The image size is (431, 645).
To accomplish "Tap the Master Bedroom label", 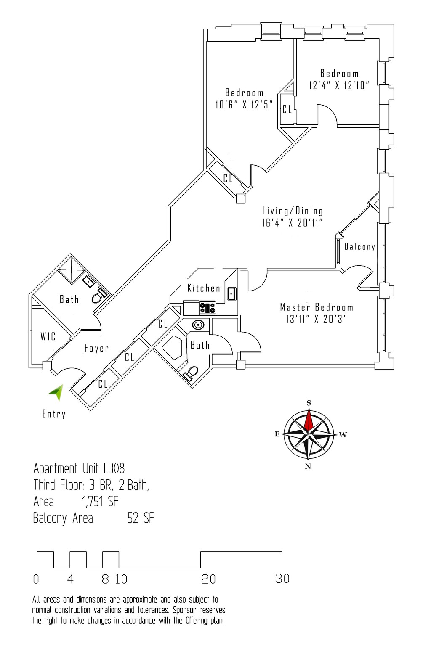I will [x=317, y=307].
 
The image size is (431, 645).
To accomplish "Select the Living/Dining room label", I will [x=293, y=211].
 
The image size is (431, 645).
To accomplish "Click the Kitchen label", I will [x=204, y=288].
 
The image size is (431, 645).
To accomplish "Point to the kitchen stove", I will [x=208, y=308].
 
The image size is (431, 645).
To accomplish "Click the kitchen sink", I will [x=231, y=293].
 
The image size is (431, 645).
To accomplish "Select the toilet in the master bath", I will [x=192, y=373].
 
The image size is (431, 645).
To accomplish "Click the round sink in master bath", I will [x=198, y=325].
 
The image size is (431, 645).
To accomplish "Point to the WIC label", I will [x=48, y=336].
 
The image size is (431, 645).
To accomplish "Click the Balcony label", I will [x=359, y=247].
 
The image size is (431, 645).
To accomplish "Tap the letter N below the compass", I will [x=308, y=466].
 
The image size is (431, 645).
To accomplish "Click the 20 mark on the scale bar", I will [x=208, y=579].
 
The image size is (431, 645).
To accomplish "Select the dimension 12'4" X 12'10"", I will [x=339, y=85].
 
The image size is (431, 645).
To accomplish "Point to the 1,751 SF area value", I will [x=100, y=501].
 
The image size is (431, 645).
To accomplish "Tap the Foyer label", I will [x=96, y=348].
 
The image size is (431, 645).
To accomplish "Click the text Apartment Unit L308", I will [x=79, y=468].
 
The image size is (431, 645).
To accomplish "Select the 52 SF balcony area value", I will [x=141, y=518].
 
